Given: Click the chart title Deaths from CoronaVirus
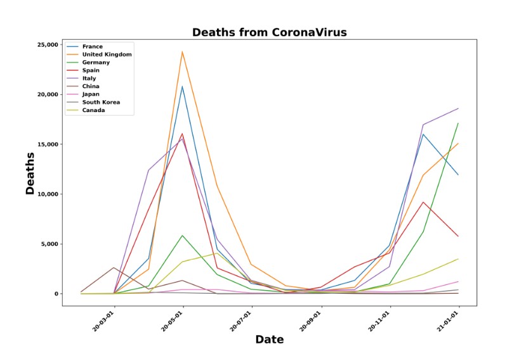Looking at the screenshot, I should tap(270, 32).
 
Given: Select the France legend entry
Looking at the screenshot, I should tap(92, 46).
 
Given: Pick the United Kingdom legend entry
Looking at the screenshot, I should tap(107, 54).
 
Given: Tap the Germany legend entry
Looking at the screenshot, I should tap(96, 62).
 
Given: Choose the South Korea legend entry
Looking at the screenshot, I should tap(101, 102).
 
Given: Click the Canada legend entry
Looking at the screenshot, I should tap(93, 110).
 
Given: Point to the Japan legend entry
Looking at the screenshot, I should tap(91, 94).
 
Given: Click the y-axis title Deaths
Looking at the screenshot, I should tap(30, 173).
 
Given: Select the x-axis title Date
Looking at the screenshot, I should tap(269, 340).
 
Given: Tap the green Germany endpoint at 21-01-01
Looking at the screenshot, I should tap(459, 123).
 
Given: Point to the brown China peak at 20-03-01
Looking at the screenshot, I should tap(114, 268).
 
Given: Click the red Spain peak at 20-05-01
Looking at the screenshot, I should tap(183, 134).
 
